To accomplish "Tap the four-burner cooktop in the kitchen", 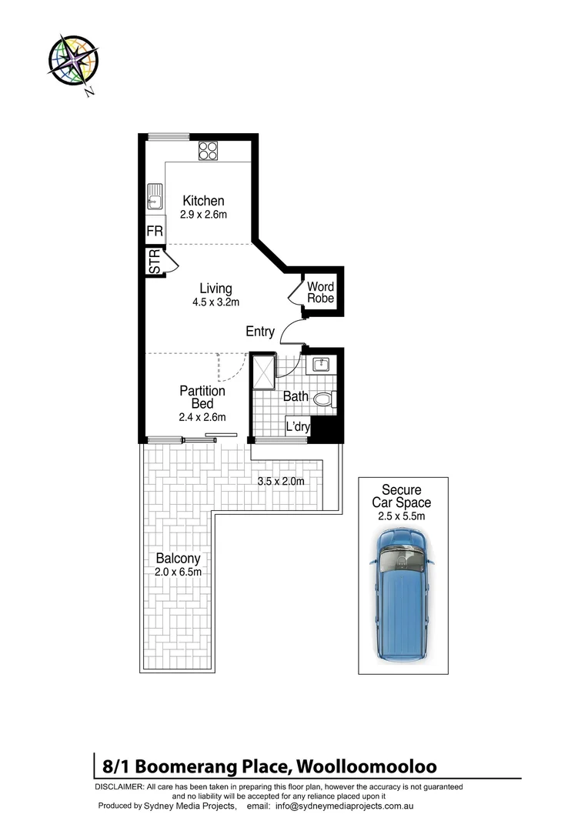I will [208, 150].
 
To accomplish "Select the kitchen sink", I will [155, 198].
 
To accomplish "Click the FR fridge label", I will [155, 231].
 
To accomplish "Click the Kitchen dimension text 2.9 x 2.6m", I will [203, 215].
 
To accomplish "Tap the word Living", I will [215, 289].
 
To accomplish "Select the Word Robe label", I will [321, 292].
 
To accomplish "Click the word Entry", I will [260, 332].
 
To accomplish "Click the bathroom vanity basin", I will [321, 364].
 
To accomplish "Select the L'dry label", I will [297, 427].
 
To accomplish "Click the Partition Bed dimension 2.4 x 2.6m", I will [202, 417].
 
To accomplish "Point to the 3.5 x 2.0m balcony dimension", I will [281, 481].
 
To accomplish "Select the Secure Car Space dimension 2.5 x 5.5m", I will [401, 516].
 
